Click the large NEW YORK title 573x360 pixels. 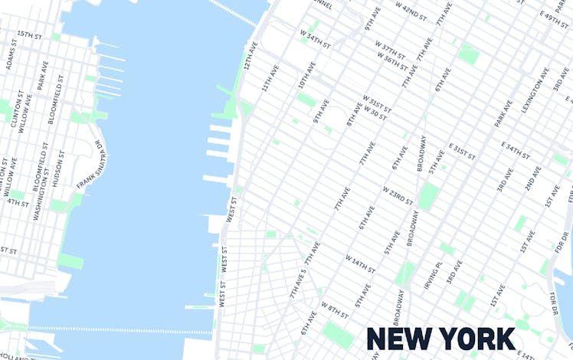pyautogui.click(x=440, y=339)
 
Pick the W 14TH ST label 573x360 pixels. pyautogui.click(x=360, y=264)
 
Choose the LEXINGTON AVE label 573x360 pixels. pyautogui.click(x=535, y=90)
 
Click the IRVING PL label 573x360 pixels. pyautogui.click(x=434, y=275)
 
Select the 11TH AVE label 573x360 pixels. pyautogui.click(x=270, y=79)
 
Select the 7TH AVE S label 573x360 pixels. pyautogui.click(x=298, y=283)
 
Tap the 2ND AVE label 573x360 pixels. pyautogui.click(x=532, y=178)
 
